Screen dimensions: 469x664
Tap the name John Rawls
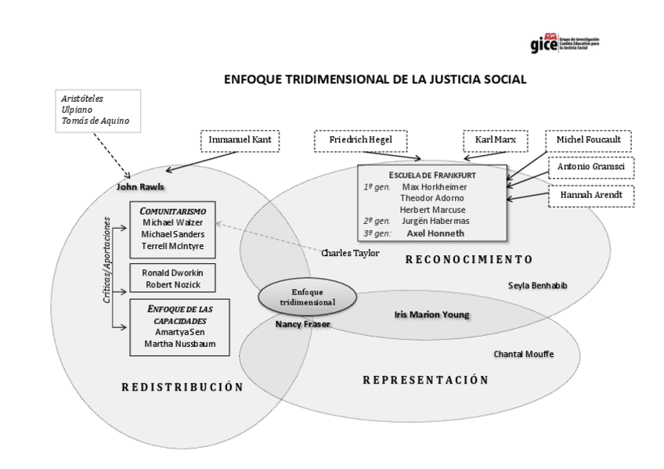tap(139, 188)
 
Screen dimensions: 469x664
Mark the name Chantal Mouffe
tap(523, 354)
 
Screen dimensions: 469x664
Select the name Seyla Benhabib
tap(538, 285)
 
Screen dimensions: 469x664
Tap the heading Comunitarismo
tap(172, 211)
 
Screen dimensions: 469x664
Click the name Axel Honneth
tap(434, 233)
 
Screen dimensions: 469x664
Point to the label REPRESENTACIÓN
tap(425, 380)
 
